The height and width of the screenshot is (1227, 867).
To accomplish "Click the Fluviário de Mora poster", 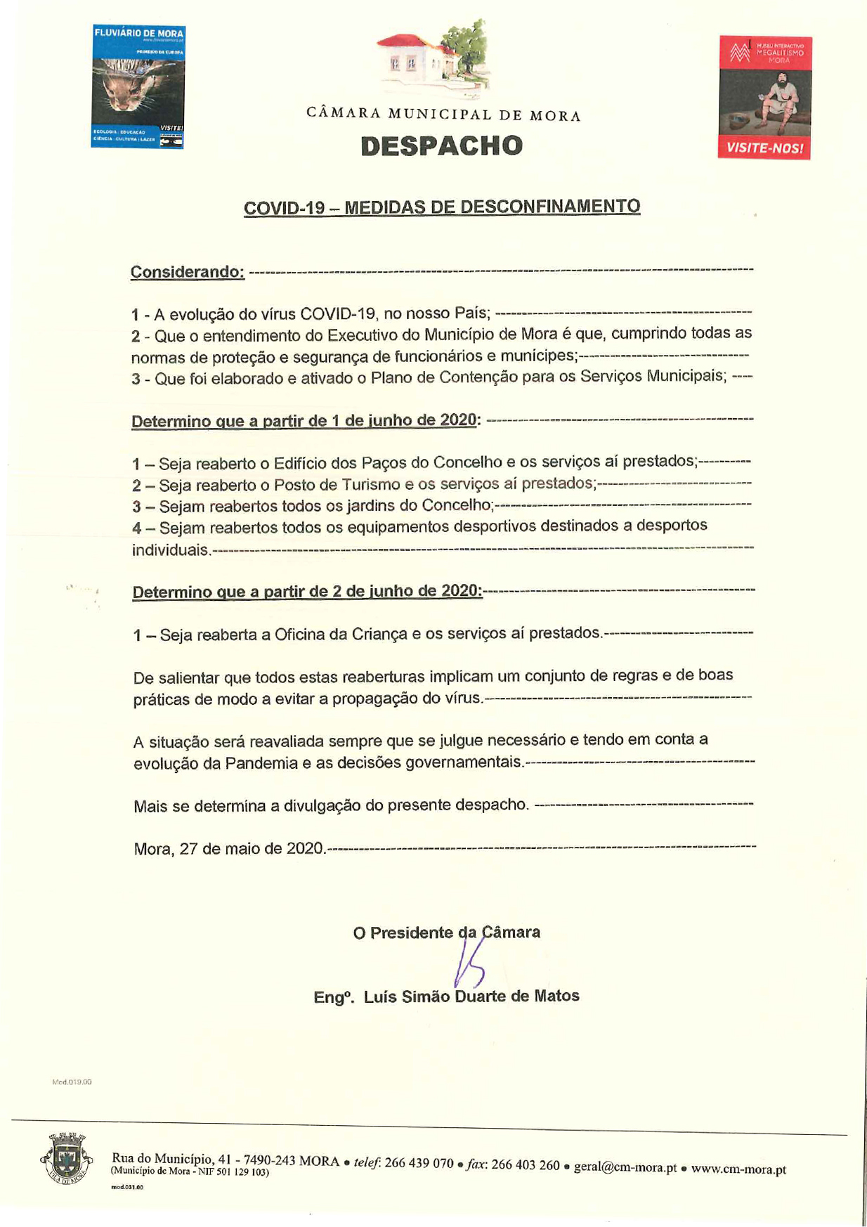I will pos(138,86).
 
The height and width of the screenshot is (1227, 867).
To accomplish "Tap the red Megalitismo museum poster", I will pos(764,98).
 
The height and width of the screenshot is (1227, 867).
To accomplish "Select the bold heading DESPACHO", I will pos(442,145).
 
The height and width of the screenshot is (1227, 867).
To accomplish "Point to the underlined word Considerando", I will pos(187,272).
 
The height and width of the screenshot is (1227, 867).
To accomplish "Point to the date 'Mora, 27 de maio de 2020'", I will pos(228,848).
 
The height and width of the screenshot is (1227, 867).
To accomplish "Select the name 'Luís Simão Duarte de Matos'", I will pos(471,996).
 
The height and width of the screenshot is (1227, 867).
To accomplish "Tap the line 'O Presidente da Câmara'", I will pos(446,933).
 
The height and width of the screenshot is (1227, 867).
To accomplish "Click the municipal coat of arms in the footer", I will pos(66,1157).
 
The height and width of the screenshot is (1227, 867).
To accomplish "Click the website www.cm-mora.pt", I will pos(738,1169).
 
